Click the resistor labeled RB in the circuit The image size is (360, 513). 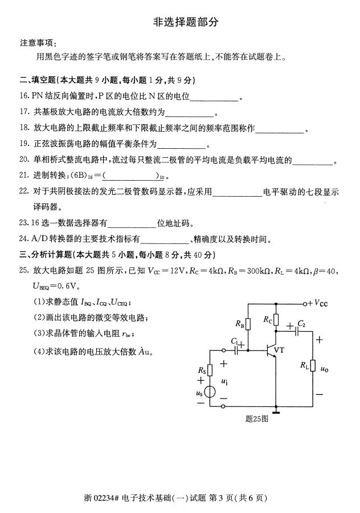pyautogui.click(x=248, y=324)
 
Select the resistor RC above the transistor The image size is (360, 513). pyautogui.click(x=276, y=319)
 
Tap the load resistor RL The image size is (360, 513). pyautogui.click(x=313, y=365)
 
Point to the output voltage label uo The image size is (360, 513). pyautogui.click(x=324, y=369)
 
